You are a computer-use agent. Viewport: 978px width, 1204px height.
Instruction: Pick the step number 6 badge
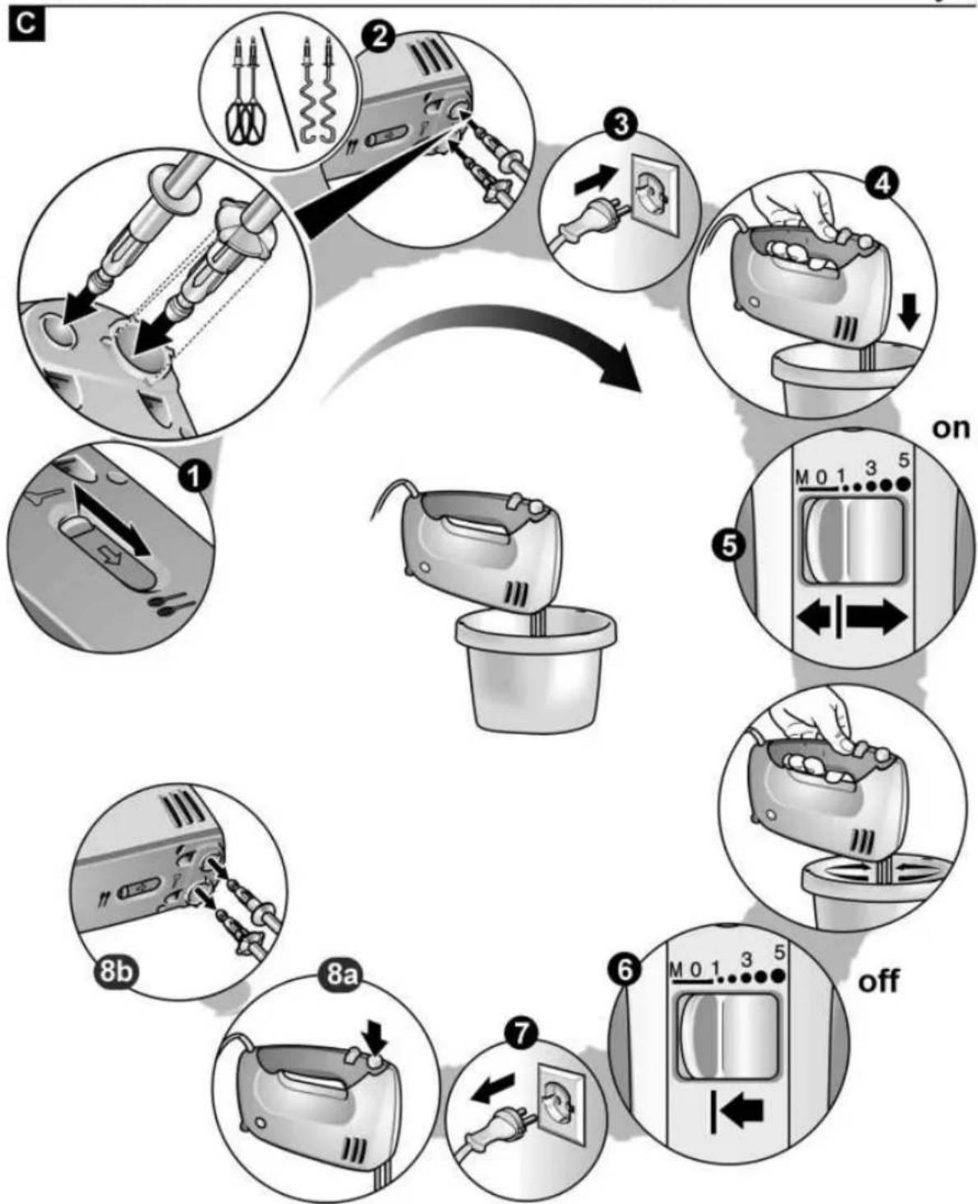[625, 971]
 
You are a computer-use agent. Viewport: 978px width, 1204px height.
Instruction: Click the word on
[950, 429]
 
